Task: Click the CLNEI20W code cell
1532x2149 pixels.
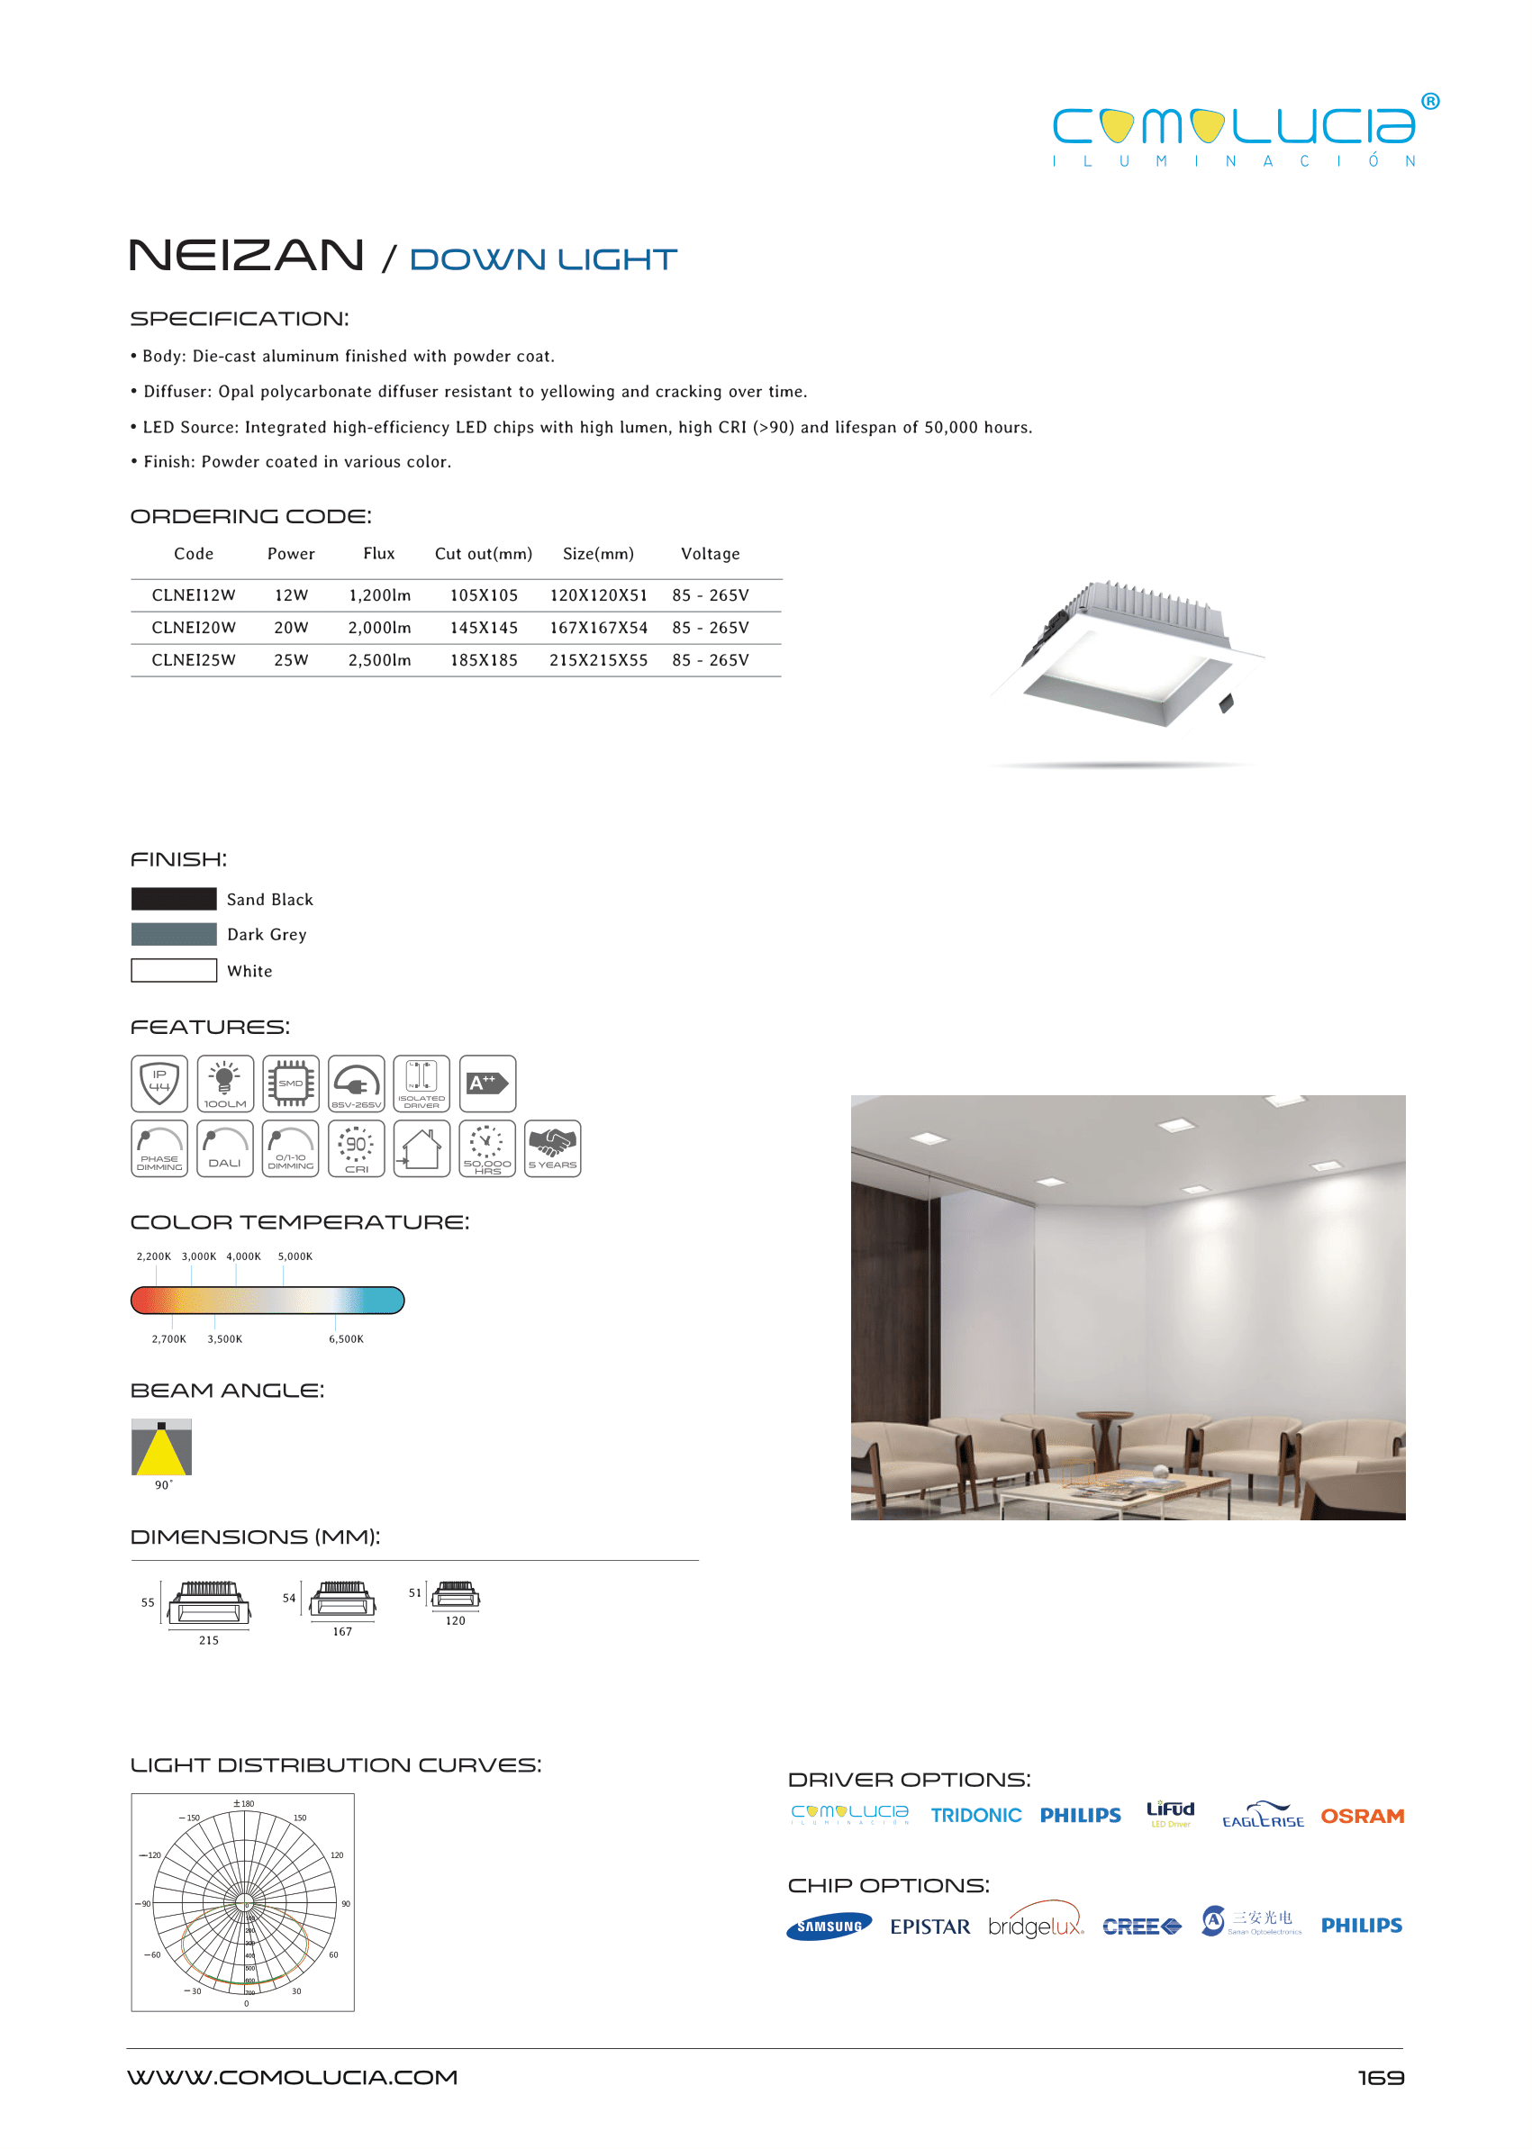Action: tap(194, 628)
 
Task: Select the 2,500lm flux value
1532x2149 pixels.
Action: tap(379, 660)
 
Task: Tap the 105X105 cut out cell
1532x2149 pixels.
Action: tap(483, 595)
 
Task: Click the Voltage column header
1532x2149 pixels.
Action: tap(710, 554)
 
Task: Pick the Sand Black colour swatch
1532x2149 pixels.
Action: tap(174, 899)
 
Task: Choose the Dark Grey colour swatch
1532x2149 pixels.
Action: tap(174, 934)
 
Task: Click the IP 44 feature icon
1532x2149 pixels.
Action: tap(159, 1083)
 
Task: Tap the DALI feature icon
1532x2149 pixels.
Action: tap(224, 1148)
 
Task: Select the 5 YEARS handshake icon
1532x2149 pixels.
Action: tap(552, 1148)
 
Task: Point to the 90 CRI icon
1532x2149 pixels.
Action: tap(356, 1148)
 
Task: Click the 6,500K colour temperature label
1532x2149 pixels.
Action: tap(345, 1338)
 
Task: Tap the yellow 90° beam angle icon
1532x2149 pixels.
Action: tap(161, 1446)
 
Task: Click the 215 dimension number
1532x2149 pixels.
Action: tap(208, 1640)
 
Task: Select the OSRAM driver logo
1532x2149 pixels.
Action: tap(1361, 1816)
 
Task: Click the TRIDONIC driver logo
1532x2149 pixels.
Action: tap(975, 1816)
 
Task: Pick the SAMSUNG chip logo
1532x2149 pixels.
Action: tap(829, 1927)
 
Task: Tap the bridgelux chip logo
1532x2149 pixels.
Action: tap(1035, 1926)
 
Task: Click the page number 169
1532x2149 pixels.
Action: tap(1380, 2077)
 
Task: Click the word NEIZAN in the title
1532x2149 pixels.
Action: tap(246, 256)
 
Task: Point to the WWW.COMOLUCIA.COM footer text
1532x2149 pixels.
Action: tap(293, 2077)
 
